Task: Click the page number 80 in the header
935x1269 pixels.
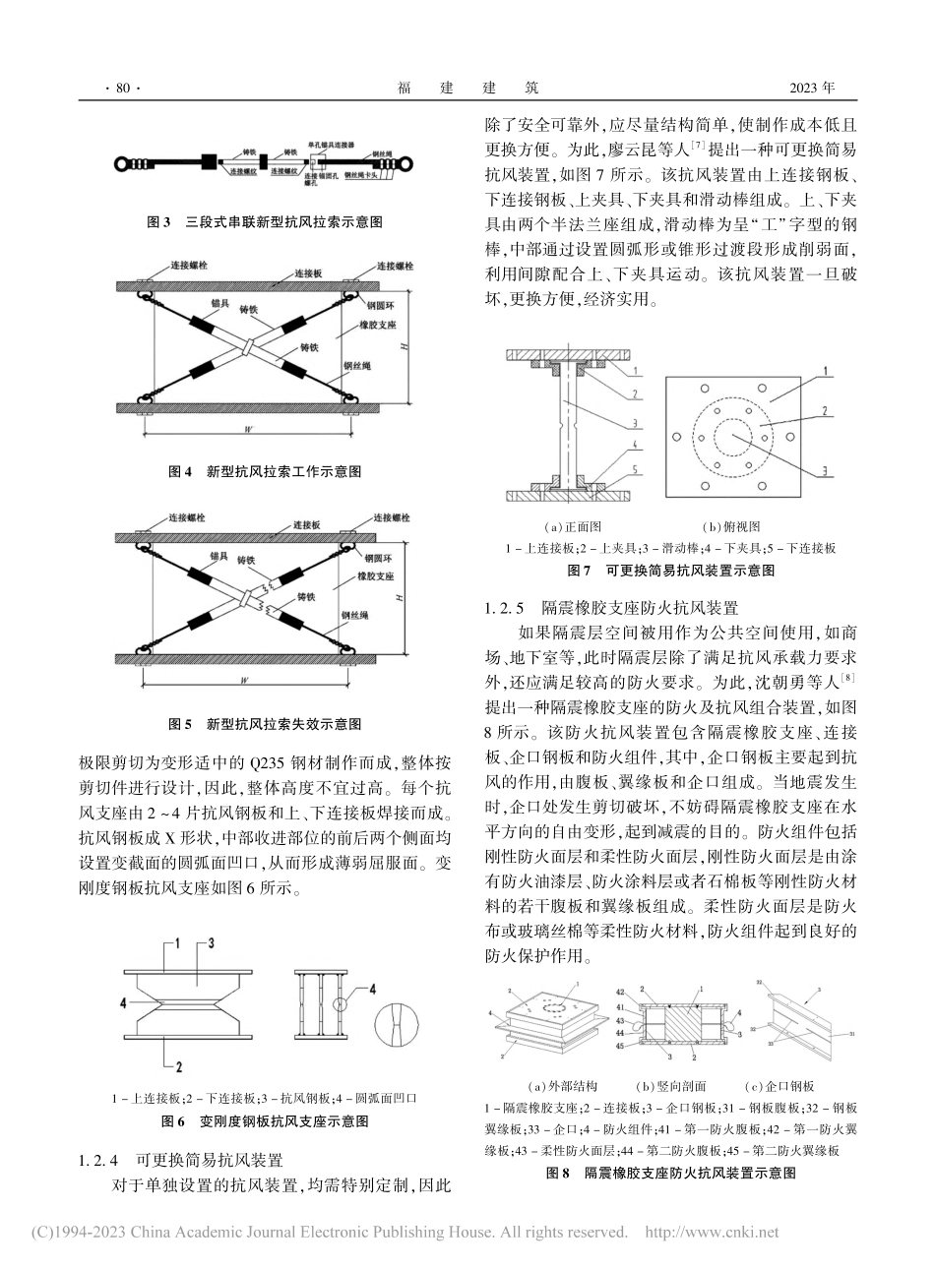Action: pos(122,89)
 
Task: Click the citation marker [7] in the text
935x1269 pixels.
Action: pos(698,146)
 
